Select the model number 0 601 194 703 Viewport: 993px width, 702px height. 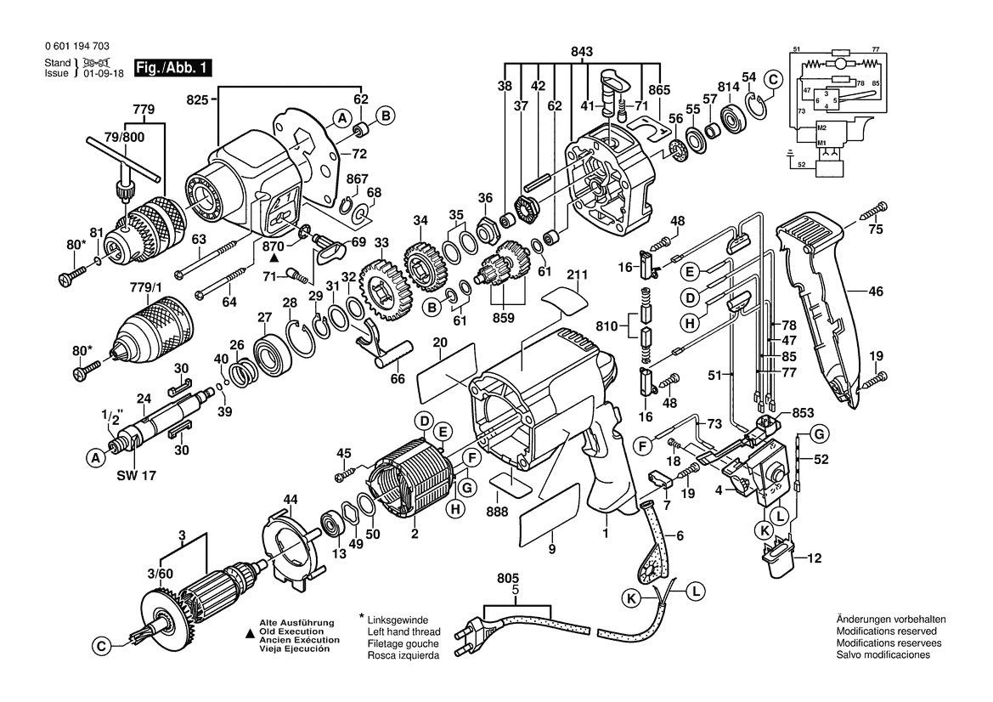pos(76,47)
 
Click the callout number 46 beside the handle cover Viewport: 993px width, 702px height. pos(876,292)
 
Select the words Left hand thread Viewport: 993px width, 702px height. pos(403,632)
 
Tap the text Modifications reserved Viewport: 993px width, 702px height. pos(886,631)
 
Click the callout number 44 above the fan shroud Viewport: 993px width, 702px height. pos(291,499)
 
